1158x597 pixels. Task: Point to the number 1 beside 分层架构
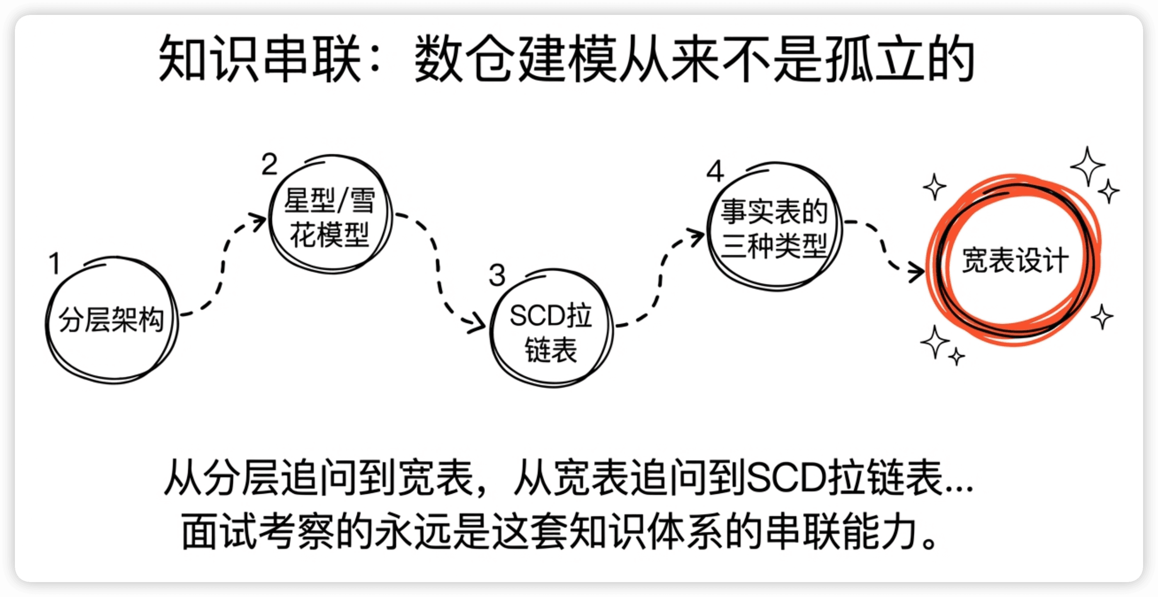(x=55, y=263)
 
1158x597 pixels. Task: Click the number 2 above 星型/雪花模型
(x=269, y=164)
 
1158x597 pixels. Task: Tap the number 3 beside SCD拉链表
(x=497, y=275)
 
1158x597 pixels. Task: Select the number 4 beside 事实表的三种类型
(x=715, y=171)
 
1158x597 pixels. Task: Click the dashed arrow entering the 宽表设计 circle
(x=883, y=247)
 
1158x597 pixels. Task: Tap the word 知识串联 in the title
(x=260, y=58)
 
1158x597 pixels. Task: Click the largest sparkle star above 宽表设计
(x=1088, y=166)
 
